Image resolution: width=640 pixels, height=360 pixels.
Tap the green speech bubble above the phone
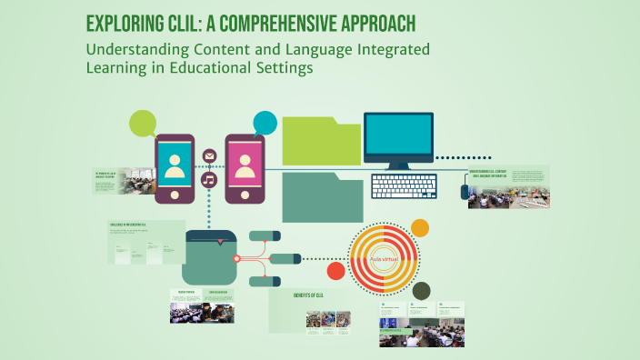pyautogui.click(x=143, y=123)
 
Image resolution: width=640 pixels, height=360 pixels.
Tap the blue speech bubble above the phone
pyautogui.click(x=265, y=122)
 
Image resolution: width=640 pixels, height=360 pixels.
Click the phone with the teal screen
pyautogui.click(x=175, y=167)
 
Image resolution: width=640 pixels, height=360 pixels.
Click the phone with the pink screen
pyautogui.click(x=244, y=167)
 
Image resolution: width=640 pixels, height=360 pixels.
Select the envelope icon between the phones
pyautogui.click(x=209, y=156)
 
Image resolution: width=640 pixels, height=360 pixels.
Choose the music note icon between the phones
pyautogui.click(x=209, y=179)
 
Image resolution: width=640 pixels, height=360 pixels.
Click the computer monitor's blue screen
pyautogui.click(x=398, y=136)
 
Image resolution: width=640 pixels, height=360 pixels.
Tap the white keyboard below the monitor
pyautogui.click(x=404, y=186)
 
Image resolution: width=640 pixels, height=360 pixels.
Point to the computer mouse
pyautogui.click(x=465, y=192)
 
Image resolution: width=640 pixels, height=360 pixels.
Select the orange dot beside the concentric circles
pyautogui.click(x=419, y=227)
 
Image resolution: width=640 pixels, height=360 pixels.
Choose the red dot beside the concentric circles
pyautogui.click(x=335, y=270)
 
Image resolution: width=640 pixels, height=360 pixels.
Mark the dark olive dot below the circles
pyautogui.click(x=420, y=291)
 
